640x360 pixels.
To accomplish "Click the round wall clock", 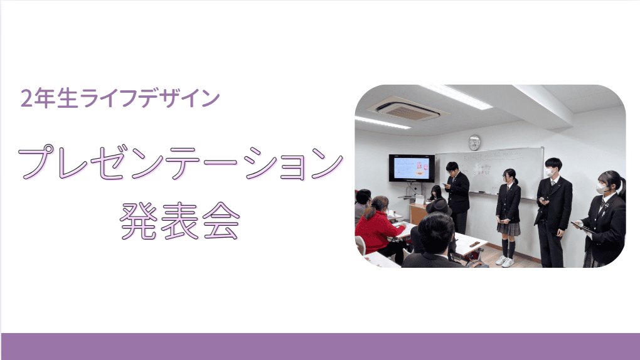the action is (474, 143).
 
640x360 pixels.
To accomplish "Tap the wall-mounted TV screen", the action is (412, 168).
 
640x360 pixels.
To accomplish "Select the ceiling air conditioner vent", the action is (408, 109).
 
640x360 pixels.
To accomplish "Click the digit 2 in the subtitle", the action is (26, 99).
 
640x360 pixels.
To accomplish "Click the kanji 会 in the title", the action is (221, 220).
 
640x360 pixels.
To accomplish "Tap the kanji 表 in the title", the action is (180, 220).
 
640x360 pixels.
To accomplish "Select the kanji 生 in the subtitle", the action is (67, 98).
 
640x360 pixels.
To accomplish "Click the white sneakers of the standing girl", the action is (504, 262).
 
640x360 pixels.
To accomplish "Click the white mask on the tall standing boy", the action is (550, 172).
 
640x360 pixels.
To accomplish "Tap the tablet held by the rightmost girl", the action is (582, 227).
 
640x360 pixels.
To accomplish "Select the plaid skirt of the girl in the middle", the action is (509, 228).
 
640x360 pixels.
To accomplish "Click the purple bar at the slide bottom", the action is (321, 346).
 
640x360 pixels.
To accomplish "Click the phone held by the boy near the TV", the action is (445, 185).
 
